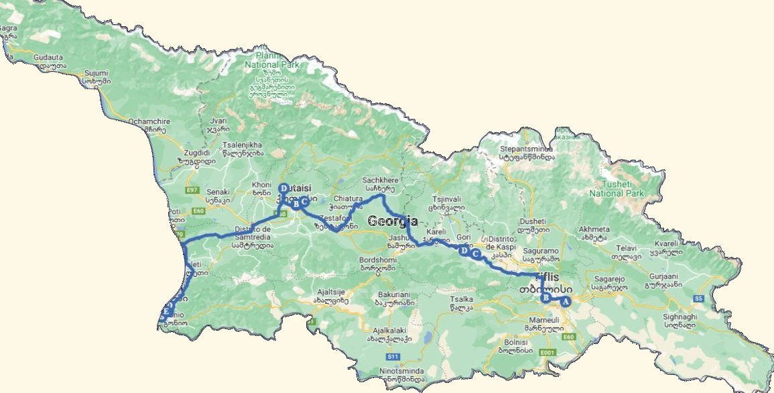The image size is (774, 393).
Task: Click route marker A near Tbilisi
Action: (x=565, y=302)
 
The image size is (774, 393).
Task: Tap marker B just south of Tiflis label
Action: (x=545, y=298)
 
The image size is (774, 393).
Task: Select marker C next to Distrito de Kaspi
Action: (x=476, y=254)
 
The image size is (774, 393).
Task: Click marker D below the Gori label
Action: (x=463, y=250)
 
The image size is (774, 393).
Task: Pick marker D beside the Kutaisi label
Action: (x=283, y=188)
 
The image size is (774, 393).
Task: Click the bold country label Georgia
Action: (x=393, y=221)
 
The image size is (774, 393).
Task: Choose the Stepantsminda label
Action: (x=526, y=149)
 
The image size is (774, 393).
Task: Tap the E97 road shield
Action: (x=193, y=191)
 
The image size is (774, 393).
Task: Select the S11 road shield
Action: (x=393, y=356)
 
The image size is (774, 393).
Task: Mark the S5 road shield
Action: (x=698, y=298)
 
